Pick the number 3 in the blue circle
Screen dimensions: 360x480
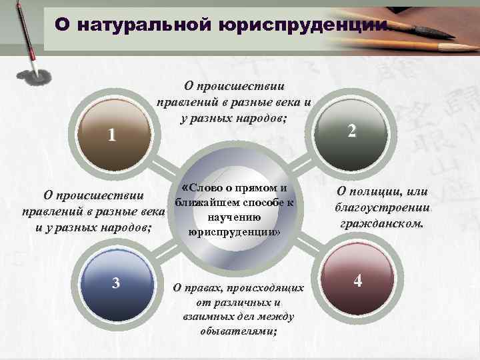tap(116, 283)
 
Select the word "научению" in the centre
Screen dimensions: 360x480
tap(233, 217)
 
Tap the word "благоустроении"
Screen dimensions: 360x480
tap(383, 208)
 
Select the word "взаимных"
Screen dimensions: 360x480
tap(208, 317)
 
